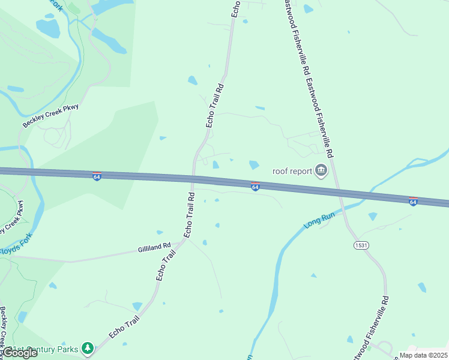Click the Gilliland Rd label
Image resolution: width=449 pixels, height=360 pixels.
pyautogui.click(x=154, y=246)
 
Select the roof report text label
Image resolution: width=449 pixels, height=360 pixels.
pyautogui.click(x=292, y=171)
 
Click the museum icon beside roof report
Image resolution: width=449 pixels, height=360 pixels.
pyautogui.click(x=321, y=171)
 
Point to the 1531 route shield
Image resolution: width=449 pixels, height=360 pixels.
pyautogui.click(x=361, y=245)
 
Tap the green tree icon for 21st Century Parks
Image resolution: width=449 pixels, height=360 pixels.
pyautogui.click(x=88, y=348)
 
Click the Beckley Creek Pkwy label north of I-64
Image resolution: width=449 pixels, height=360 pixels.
pyautogui.click(x=51, y=116)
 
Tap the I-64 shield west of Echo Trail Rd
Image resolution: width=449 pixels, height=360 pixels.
pyautogui.click(x=97, y=176)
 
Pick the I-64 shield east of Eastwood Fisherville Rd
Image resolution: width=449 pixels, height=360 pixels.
pyautogui.click(x=413, y=202)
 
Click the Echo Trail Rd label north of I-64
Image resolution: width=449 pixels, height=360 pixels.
pyautogui.click(x=215, y=104)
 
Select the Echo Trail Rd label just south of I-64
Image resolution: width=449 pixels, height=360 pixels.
pyautogui.click(x=190, y=214)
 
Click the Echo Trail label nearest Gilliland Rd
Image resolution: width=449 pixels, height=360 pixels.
pyautogui.click(x=166, y=265)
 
